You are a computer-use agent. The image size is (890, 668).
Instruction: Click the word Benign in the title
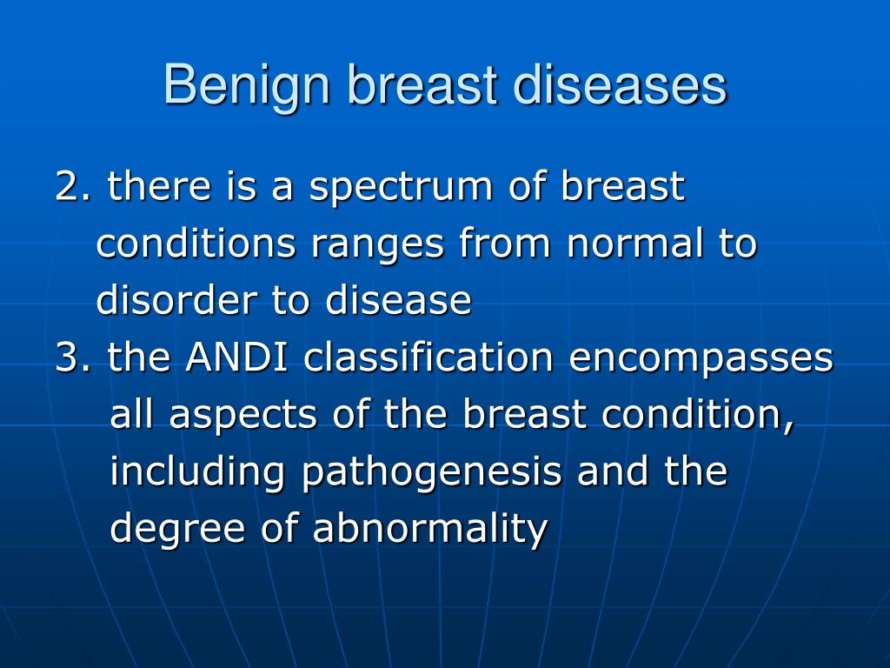coord(247,88)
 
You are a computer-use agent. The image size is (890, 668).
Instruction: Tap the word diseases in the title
coord(620,85)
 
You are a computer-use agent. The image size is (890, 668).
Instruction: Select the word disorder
coord(176,299)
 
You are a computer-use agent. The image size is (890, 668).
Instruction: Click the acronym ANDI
coord(236,357)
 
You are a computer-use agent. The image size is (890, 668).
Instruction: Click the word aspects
coord(243,416)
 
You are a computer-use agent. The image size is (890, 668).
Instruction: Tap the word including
coord(197,472)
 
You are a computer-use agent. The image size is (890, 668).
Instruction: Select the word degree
coord(177,531)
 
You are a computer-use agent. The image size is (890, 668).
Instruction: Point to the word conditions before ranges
coord(196,243)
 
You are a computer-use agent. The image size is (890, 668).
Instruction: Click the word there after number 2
coord(160,185)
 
